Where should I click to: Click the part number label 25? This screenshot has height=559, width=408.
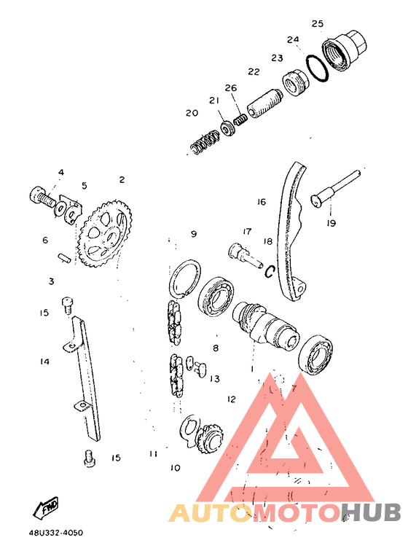click(317, 23)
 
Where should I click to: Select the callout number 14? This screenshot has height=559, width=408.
click(45, 361)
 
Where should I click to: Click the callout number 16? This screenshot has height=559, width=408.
click(262, 202)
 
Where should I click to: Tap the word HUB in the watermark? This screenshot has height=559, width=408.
click(372, 512)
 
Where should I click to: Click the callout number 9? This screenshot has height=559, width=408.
click(194, 234)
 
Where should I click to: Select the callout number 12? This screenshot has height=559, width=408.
click(232, 399)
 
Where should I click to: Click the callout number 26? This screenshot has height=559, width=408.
click(230, 88)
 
